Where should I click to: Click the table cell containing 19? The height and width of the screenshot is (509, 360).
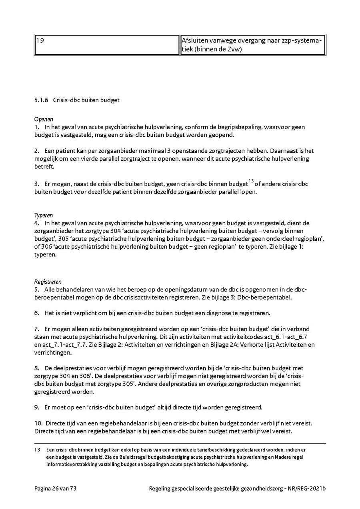pyautogui.click(x=106, y=45)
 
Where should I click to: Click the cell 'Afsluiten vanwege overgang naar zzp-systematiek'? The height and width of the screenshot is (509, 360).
pyautogui.click(x=252, y=45)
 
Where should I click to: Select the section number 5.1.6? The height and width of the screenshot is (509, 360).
pyautogui.click(x=41, y=100)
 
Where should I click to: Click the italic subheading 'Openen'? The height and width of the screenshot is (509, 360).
pyautogui.click(x=44, y=119)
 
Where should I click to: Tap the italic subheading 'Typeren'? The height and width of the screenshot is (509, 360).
pyautogui.click(x=44, y=215)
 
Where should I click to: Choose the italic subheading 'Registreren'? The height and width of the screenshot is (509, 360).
pyautogui.click(x=48, y=281)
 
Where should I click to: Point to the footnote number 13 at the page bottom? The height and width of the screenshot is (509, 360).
pyautogui.click(x=37, y=449)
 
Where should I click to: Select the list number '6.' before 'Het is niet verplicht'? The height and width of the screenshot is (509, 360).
pyautogui.click(x=36, y=312)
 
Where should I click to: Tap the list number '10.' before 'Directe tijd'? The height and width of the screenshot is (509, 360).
pyautogui.click(x=38, y=423)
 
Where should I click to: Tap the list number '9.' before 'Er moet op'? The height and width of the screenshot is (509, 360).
pyautogui.click(x=36, y=407)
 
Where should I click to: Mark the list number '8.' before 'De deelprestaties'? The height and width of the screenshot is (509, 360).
pyautogui.click(x=36, y=368)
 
